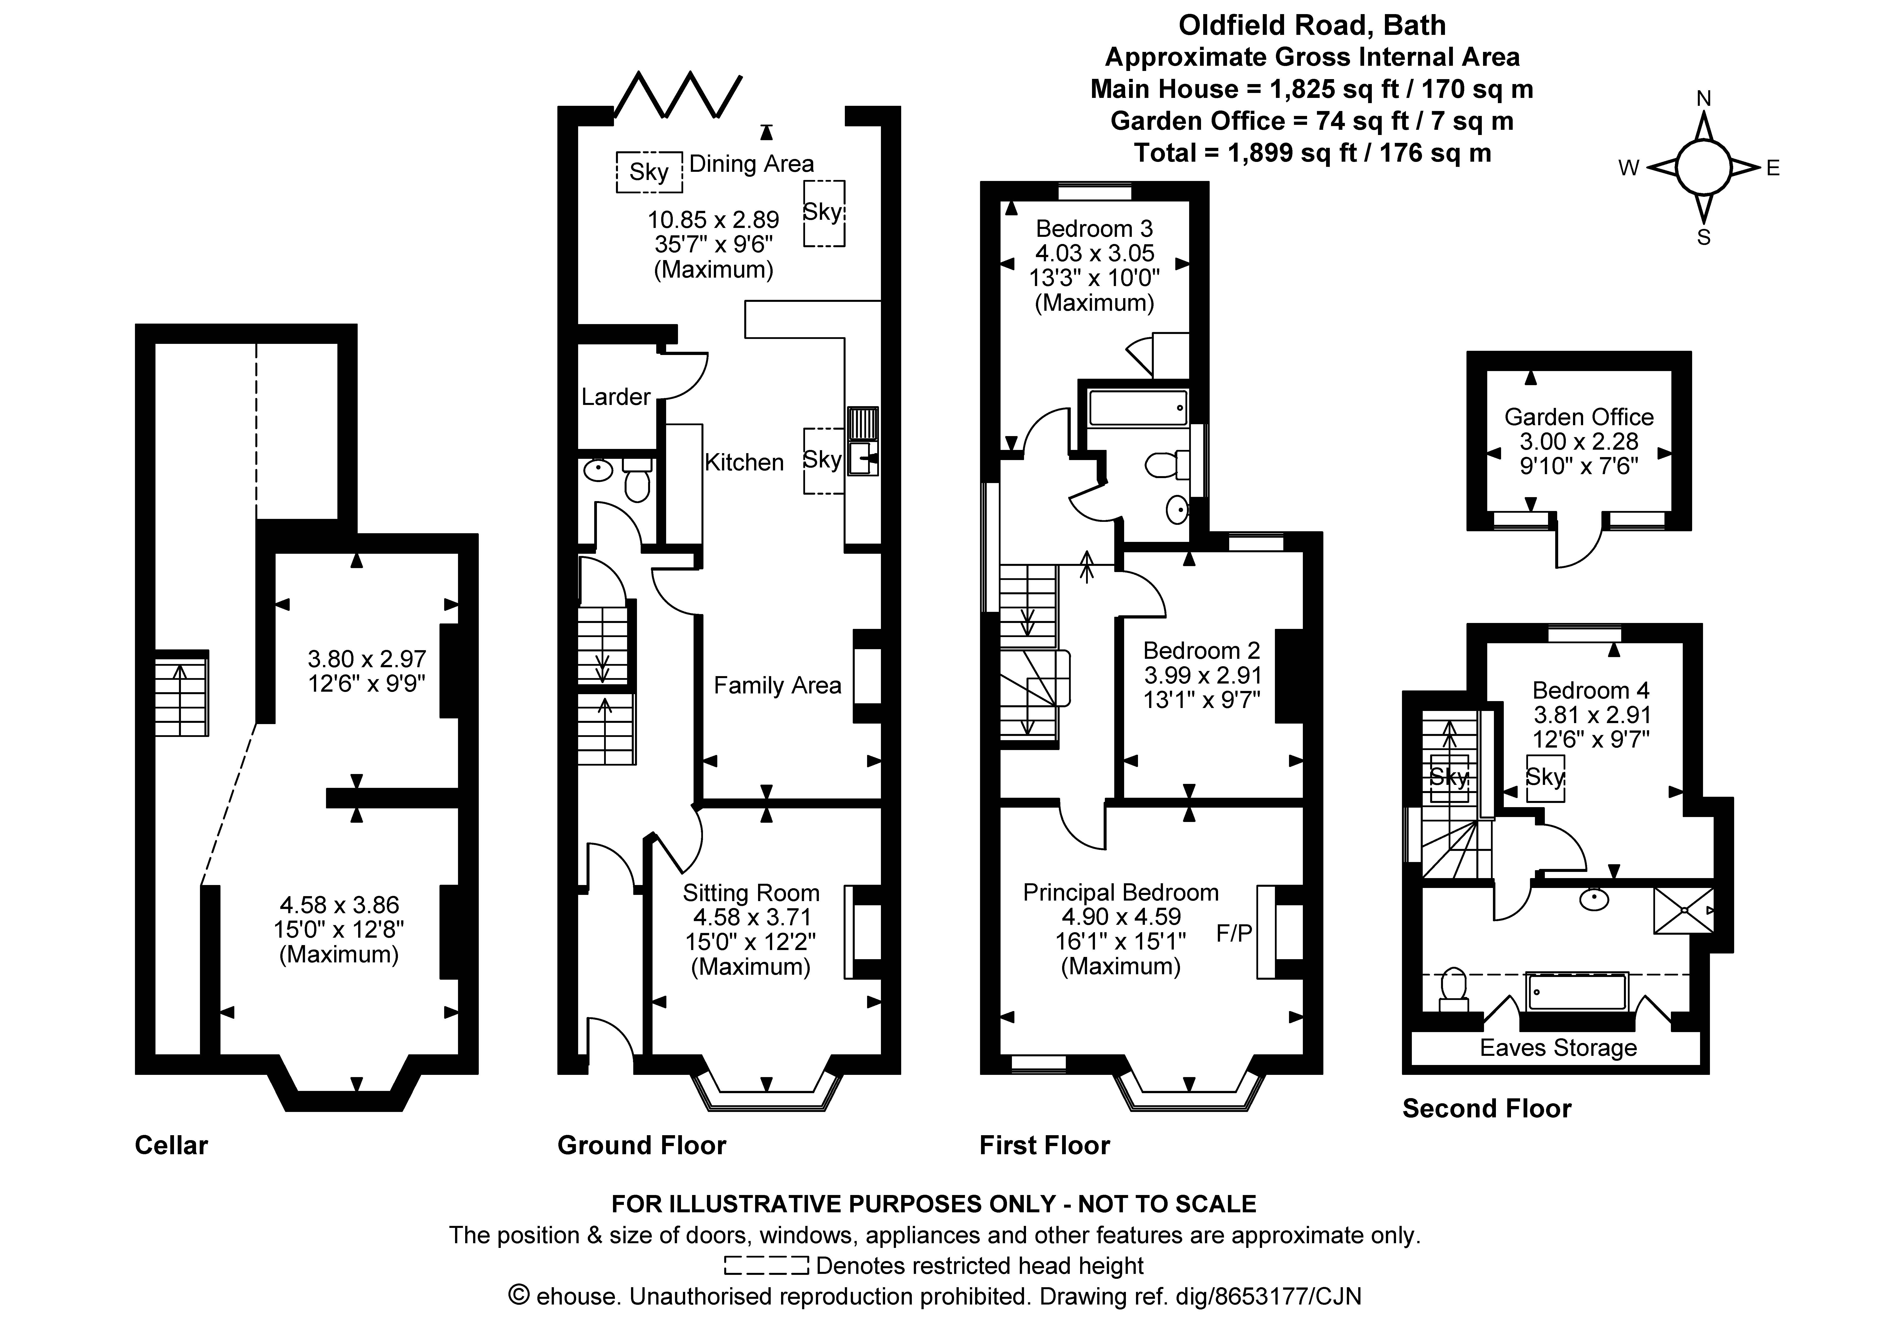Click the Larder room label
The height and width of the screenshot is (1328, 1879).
click(x=615, y=397)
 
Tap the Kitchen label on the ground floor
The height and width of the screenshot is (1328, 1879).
click(x=744, y=463)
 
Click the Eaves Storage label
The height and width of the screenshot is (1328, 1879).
click(x=1557, y=1048)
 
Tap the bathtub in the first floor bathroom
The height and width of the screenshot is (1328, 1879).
click(x=1137, y=407)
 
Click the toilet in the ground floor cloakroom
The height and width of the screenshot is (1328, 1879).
click(x=637, y=483)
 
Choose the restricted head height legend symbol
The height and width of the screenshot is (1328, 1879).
click(x=766, y=1266)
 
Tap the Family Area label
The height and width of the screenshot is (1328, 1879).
click(x=777, y=685)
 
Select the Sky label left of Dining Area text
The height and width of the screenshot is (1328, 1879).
click(x=648, y=172)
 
